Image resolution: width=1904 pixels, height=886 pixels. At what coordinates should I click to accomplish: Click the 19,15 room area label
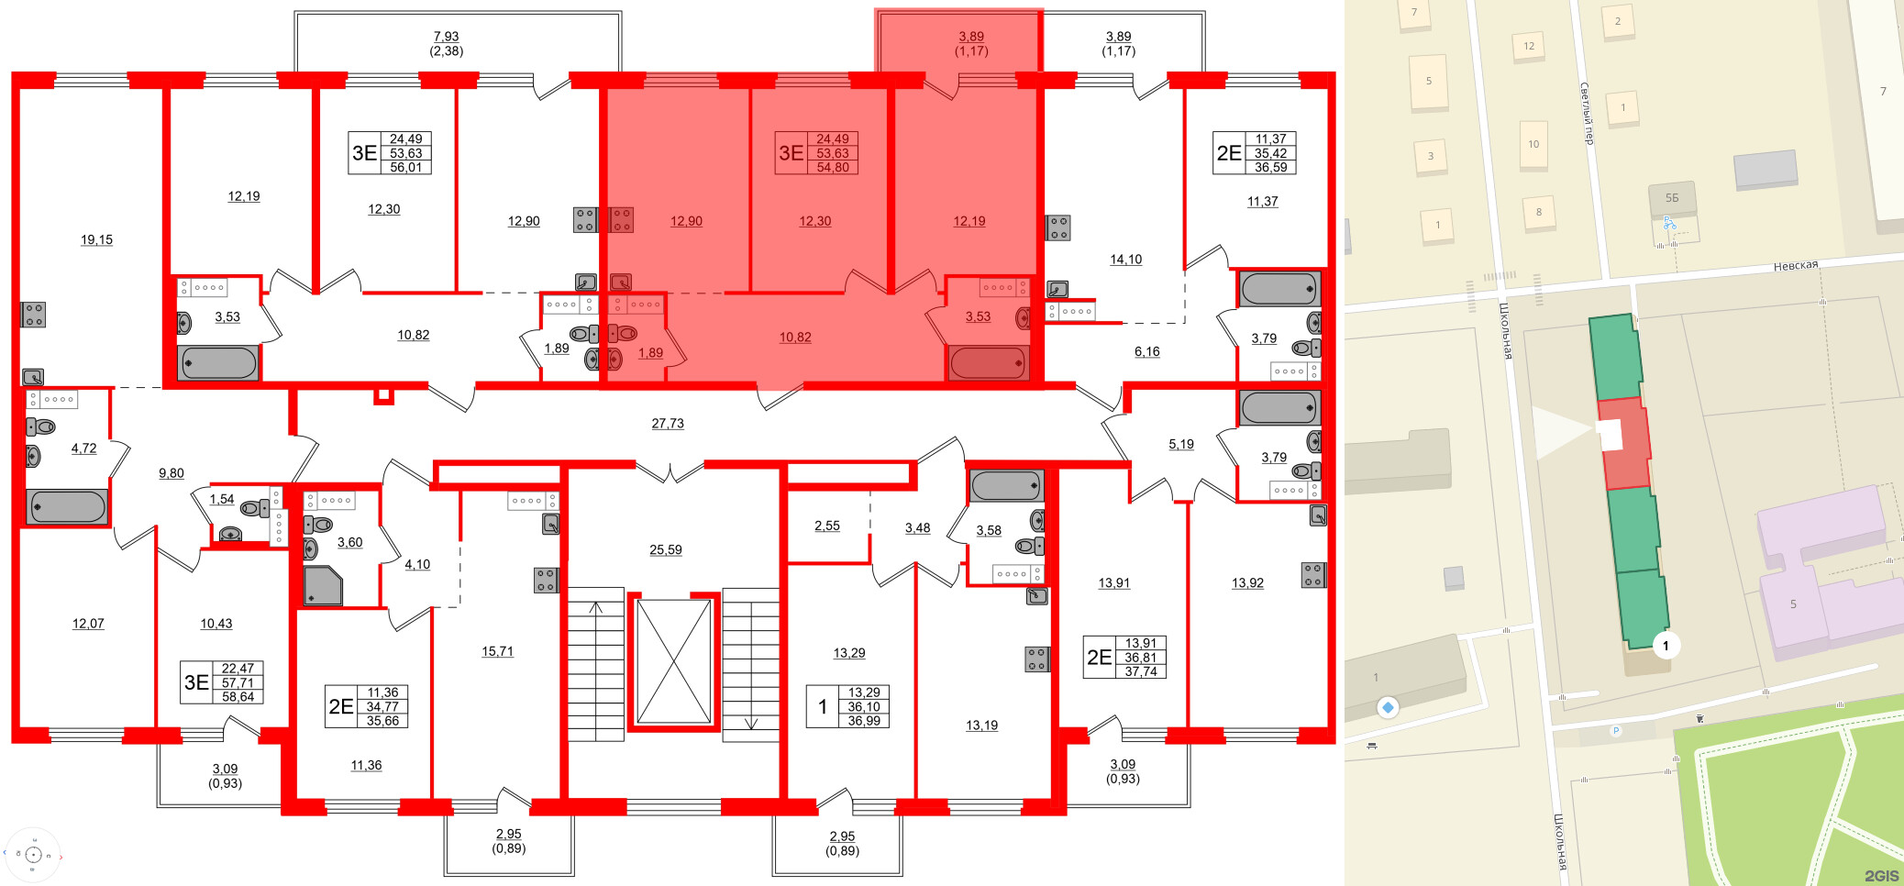tap(96, 240)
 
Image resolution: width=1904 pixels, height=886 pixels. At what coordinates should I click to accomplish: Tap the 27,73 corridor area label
tap(668, 424)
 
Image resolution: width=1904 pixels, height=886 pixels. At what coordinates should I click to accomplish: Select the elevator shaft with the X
tap(673, 661)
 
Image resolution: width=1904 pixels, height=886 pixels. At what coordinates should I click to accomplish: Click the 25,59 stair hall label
tap(666, 550)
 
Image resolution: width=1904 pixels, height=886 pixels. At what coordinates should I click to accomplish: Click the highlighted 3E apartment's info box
tap(816, 153)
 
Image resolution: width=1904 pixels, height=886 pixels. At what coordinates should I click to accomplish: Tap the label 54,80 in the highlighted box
tap(833, 168)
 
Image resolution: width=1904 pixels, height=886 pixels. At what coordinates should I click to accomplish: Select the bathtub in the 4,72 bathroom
tap(67, 506)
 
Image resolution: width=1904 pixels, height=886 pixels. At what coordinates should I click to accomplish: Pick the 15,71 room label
tap(498, 652)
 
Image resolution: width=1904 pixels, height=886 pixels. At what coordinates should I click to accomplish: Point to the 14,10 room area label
tap(1126, 260)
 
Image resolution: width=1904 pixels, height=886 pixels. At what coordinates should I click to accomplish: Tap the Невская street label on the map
tap(1795, 266)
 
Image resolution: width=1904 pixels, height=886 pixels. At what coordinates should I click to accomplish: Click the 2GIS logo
tap(1880, 876)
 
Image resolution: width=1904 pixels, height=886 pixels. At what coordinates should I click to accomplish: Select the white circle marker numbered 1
tap(1666, 646)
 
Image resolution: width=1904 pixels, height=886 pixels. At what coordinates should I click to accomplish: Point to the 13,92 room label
tap(1247, 583)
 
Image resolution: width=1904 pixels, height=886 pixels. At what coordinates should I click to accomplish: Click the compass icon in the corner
tap(33, 855)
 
